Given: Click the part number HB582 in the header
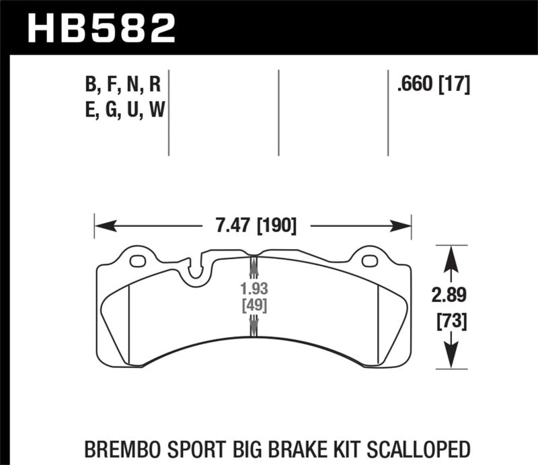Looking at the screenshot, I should pyautogui.click(x=100, y=28).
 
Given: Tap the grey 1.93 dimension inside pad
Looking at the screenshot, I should pyautogui.click(x=253, y=290).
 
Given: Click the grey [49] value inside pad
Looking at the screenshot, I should pyautogui.click(x=253, y=306).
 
